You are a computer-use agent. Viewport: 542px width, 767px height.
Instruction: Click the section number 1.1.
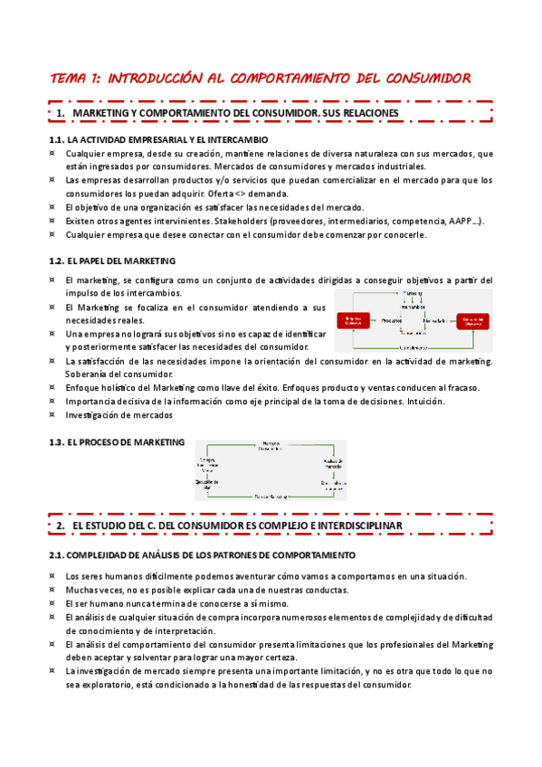point(57,140)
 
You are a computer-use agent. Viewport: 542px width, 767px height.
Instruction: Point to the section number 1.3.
point(57,442)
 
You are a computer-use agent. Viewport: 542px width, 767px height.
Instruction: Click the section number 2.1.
point(57,554)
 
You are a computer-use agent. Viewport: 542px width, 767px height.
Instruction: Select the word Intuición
point(423,402)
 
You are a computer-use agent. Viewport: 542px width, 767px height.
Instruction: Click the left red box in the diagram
point(352,321)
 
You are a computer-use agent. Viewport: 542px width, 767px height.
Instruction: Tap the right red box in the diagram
point(472,321)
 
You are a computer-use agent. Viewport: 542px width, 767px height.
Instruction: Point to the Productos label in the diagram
point(392,321)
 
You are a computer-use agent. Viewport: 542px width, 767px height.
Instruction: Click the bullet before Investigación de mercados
point(52,415)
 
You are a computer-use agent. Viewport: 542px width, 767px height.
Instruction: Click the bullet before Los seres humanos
point(52,576)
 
